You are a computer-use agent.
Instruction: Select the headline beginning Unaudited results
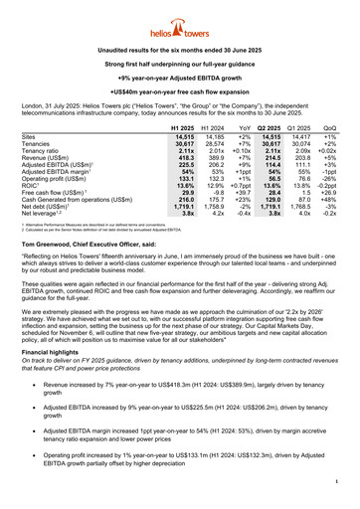[179, 49]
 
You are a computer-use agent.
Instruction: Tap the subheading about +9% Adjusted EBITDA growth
[179, 77]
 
